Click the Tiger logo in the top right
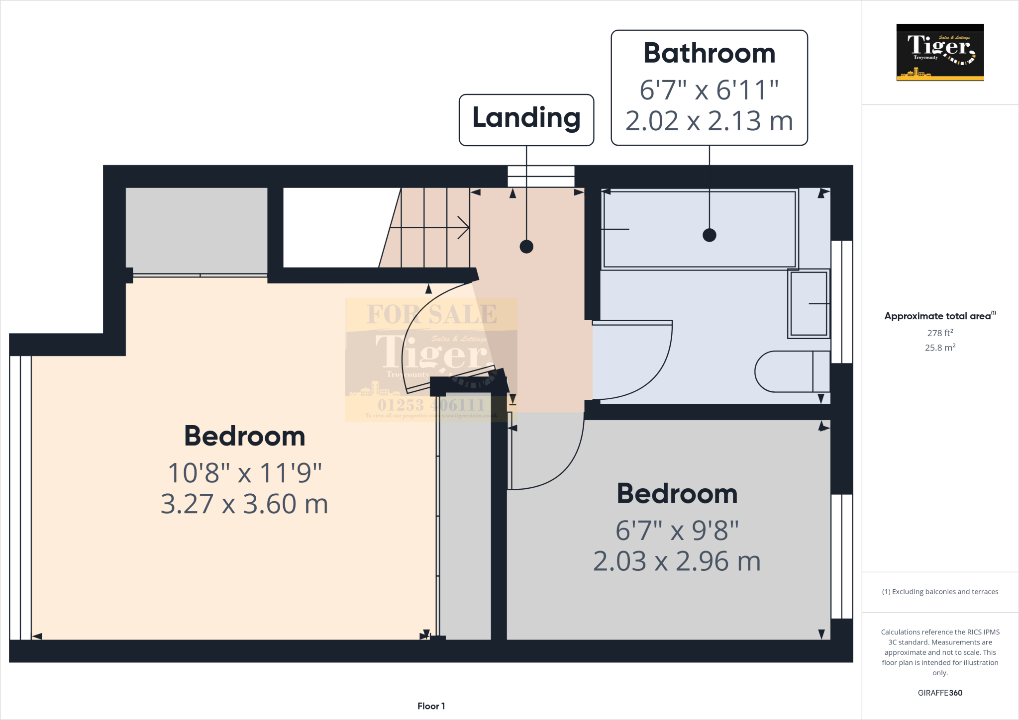pyautogui.click(x=940, y=52)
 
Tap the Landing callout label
pyautogui.click(x=526, y=118)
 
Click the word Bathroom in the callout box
pyautogui.click(x=709, y=53)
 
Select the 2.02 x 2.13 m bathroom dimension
pyautogui.click(x=709, y=121)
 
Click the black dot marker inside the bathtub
pyautogui.click(x=709, y=235)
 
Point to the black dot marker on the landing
pyautogui.click(x=526, y=246)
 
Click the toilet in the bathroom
pyautogui.click(x=791, y=371)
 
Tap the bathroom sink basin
pyautogui.click(x=809, y=303)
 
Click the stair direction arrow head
pyautogui.click(x=465, y=228)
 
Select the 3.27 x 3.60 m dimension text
pyautogui.click(x=244, y=504)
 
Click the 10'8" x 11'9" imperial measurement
pyautogui.click(x=244, y=472)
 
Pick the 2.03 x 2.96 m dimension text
pyautogui.click(x=677, y=561)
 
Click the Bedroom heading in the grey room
pyautogui.click(x=677, y=494)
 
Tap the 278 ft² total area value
pyautogui.click(x=940, y=333)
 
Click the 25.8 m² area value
pyautogui.click(x=940, y=348)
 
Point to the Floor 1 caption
pyautogui.click(x=431, y=706)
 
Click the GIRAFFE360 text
pyautogui.click(x=940, y=693)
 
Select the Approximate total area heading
pyautogui.click(x=939, y=316)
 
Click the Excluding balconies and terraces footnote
pyautogui.click(x=940, y=592)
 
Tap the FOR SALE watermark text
pyautogui.click(x=431, y=314)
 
